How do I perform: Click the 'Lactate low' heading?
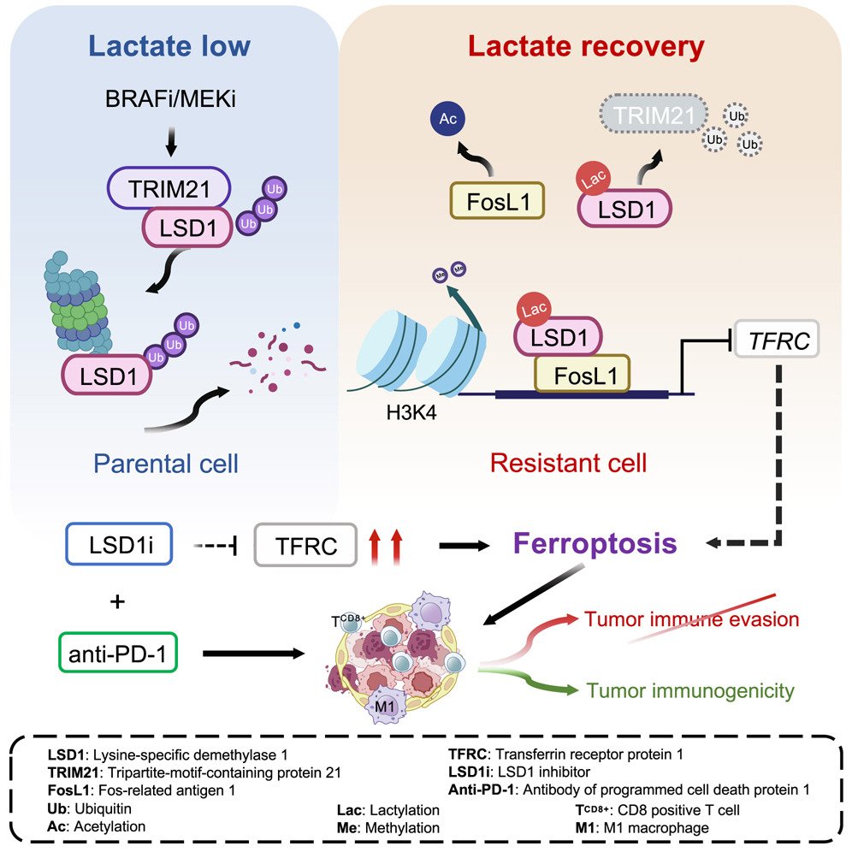(x=170, y=46)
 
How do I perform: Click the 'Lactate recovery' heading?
(x=587, y=46)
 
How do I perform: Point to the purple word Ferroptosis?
(x=595, y=543)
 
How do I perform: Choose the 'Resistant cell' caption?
(x=568, y=464)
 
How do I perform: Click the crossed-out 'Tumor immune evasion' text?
(x=691, y=618)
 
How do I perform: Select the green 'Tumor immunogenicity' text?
(x=690, y=689)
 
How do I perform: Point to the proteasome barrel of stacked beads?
(x=77, y=301)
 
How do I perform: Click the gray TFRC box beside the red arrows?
(x=305, y=545)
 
